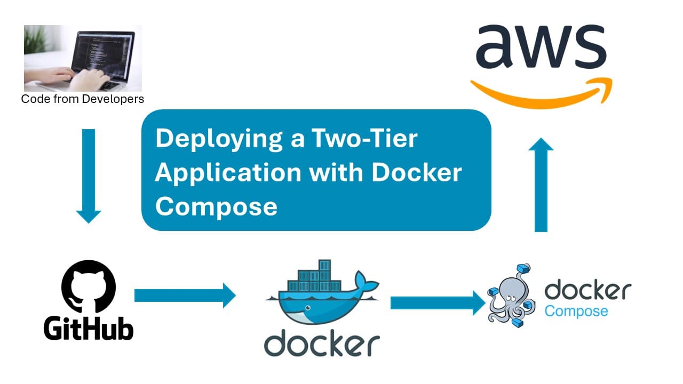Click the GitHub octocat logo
click(89, 289)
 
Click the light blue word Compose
click(576, 310)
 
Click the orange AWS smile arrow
click(541, 93)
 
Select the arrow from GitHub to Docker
click(185, 295)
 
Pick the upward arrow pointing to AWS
click(541, 184)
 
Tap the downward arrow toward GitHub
click(89, 176)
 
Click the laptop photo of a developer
click(83, 58)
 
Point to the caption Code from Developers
click(83, 99)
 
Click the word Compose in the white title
click(216, 206)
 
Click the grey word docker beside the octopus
click(587, 291)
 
